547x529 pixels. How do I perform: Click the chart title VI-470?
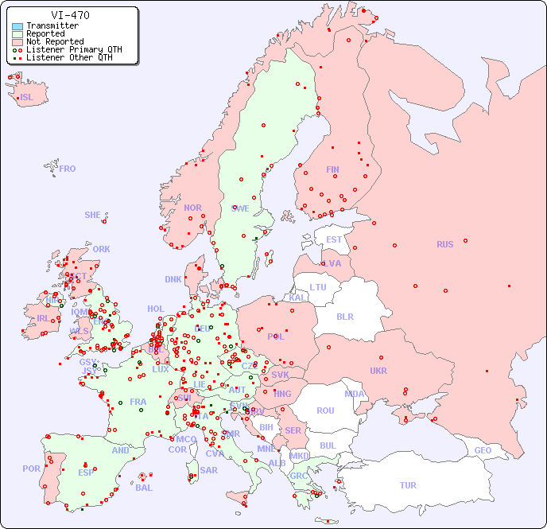click(x=70, y=15)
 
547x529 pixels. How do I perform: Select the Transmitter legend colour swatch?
click(x=17, y=26)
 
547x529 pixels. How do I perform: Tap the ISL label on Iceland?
click(x=27, y=98)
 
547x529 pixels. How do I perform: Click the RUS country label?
click(x=444, y=244)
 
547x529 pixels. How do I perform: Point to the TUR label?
click(x=408, y=485)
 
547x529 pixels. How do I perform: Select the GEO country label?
click(x=483, y=450)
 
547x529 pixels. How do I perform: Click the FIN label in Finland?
click(x=332, y=169)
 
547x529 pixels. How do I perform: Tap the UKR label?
click(x=378, y=371)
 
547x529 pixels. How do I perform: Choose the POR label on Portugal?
click(x=31, y=469)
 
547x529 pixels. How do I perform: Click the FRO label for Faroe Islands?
click(x=68, y=169)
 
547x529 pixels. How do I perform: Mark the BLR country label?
click(x=345, y=316)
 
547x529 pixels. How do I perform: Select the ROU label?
click(x=325, y=410)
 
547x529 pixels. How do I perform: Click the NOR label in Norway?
click(x=192, y=208)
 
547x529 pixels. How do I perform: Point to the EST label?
click(x=334, y=239)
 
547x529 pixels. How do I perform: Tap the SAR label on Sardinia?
click(x=208, y=470)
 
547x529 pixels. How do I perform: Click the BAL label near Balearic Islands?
click(x=143, y=488)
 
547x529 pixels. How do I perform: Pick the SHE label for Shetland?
click(x=93, y=215)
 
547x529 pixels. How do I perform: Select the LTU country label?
click(x=318, y=287)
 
